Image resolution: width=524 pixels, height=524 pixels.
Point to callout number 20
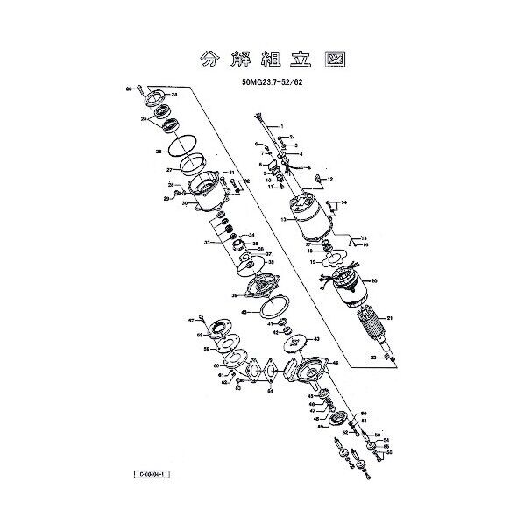point(374,281)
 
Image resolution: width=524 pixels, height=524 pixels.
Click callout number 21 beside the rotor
point(389,318)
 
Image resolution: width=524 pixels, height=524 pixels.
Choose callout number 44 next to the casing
point(335,362)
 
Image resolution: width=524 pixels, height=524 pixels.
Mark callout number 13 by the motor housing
point(284,221)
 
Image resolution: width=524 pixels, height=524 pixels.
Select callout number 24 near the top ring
point(174,94)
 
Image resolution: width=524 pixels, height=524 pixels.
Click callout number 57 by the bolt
point(191,322)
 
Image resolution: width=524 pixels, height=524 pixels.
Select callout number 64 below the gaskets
point(270,392)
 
